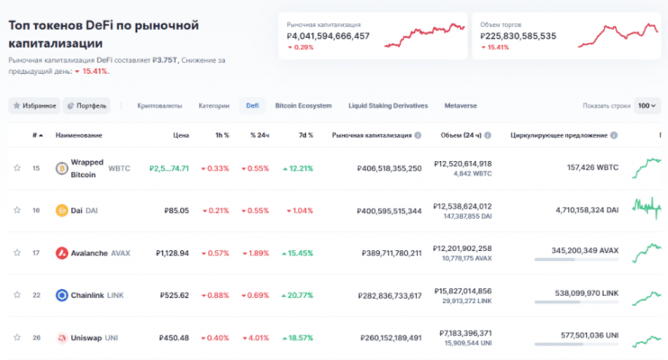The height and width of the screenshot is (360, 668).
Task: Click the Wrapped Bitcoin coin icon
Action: [62, 168]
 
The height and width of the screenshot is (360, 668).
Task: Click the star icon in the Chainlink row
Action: [17, 295]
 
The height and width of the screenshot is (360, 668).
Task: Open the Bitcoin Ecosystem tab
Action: [303, 105]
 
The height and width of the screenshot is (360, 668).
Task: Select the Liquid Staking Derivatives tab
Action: [387, 105]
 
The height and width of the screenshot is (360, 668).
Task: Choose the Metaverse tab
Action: [460, 105]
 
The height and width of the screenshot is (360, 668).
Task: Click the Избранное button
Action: [35, 105]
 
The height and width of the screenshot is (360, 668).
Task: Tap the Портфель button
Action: [87, 105]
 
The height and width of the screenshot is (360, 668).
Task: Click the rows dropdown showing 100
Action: [646, 105]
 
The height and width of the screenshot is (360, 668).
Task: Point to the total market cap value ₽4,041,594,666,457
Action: [328, 36]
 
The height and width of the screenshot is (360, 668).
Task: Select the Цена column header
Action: [181, 135]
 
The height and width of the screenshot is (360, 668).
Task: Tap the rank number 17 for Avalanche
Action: [36, 253]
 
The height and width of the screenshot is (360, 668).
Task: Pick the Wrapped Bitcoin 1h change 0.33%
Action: [214, 168]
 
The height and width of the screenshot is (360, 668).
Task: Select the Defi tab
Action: [253, 105]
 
